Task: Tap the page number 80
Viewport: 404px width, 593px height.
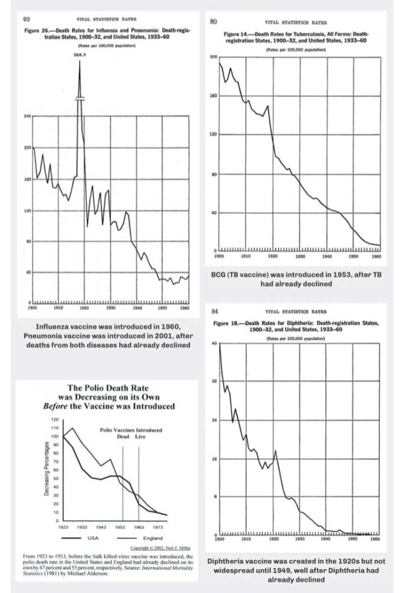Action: (x=213, y=21)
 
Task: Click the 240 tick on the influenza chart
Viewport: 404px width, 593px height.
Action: (x=25, y=116)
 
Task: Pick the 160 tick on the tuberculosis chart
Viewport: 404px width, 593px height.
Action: (x=214, y=96)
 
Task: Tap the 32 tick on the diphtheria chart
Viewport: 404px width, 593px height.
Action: (x=214, y=381)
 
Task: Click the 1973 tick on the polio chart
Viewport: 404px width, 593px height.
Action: (x=158, y=527)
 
